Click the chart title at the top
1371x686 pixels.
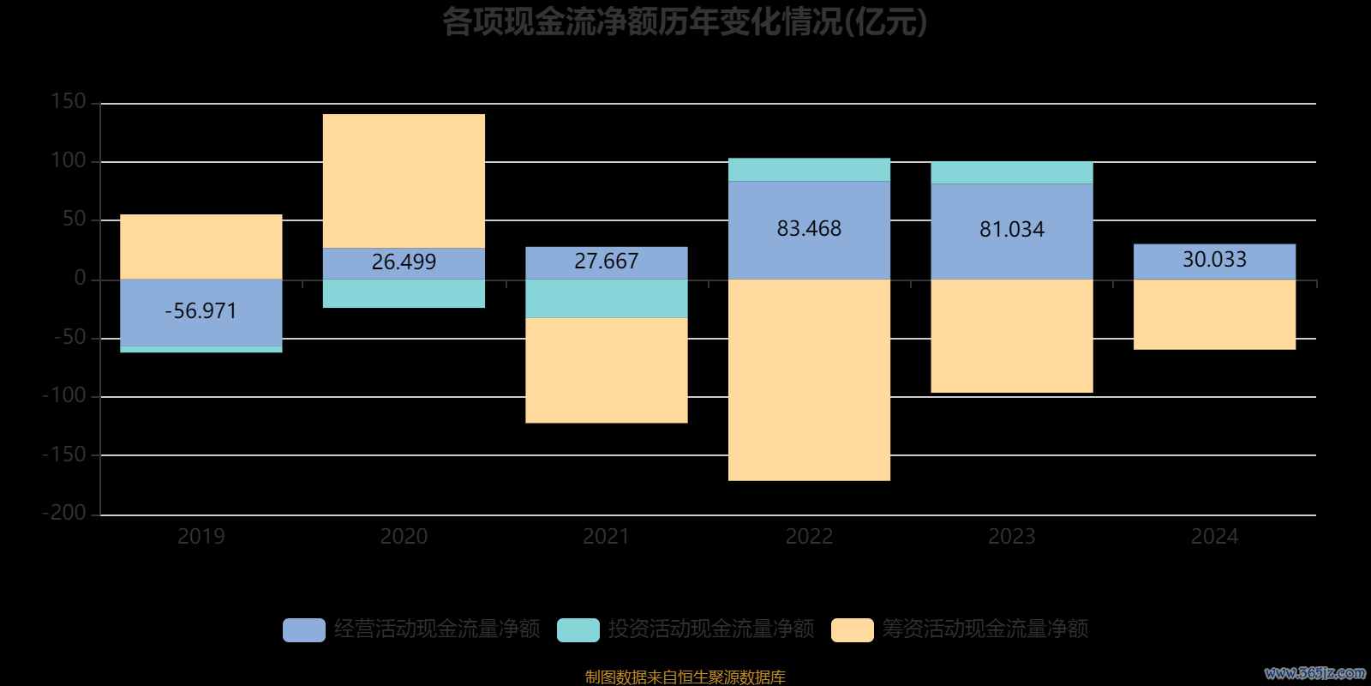[x=685, y=22]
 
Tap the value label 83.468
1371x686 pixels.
[x=809, y=229]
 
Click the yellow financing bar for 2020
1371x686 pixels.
[x=404, y=181]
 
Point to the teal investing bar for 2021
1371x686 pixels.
[x=607, y=298]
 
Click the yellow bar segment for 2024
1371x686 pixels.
[x=1214, y=314]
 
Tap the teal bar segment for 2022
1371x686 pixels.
[x=809, y=170]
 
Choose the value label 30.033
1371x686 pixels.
[x=1214, y=260]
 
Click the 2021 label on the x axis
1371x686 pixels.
[x=607, y=537]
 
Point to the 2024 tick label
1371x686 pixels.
[x=1214, y=537]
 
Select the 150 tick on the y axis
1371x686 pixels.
[x=69, y=102]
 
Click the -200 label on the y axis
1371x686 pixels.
[x=64, y=513]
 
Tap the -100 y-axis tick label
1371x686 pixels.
[x=64, y=396]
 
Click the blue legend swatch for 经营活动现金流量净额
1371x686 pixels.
[x=304, y=630]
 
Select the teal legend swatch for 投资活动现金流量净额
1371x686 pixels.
[x=578, y=630]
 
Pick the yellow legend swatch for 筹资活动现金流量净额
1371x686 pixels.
[x=853, y=630]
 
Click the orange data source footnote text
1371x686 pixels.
[x=685, y=677]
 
